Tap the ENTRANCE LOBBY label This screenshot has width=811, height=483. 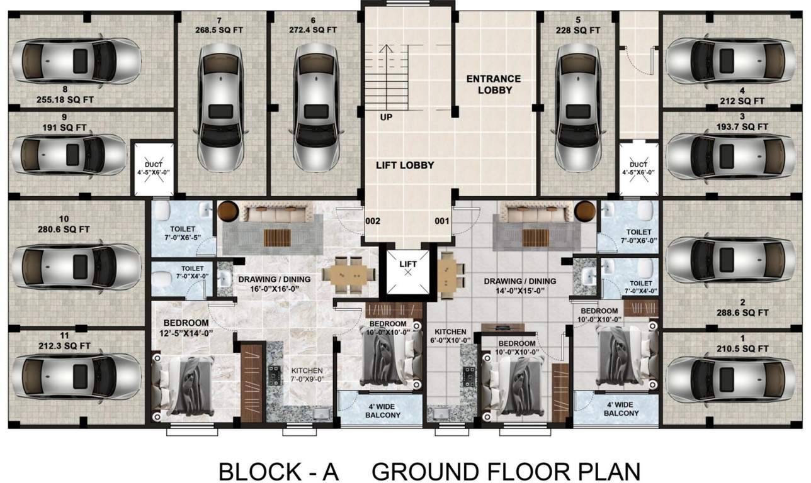493,84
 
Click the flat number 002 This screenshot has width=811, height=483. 374,221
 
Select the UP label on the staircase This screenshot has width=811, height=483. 386,116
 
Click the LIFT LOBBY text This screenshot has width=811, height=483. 405,165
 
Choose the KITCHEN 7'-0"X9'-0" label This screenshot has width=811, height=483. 307,375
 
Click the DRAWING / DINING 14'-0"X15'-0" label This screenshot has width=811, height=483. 519,286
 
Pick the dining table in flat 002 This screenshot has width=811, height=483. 346,274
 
